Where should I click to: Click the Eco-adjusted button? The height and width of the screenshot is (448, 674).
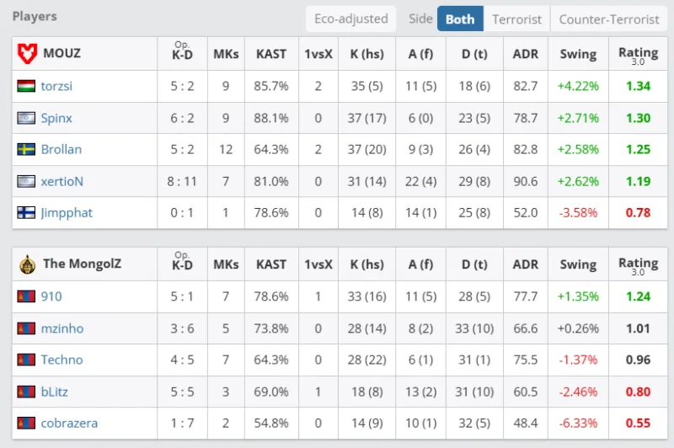click(x=350, y=19)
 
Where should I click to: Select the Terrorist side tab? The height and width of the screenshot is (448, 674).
click(x=517, y=19)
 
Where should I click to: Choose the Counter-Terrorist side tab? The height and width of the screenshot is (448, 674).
click(x=609, y=19)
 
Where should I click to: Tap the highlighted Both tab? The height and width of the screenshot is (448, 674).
click(x=460, y=19)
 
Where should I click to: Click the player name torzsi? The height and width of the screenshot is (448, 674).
click(x=57, y=86)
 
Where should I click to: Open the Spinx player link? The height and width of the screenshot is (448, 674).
click(x=56, y=118)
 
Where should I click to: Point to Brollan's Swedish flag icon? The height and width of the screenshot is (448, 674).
click(x=26, y=149)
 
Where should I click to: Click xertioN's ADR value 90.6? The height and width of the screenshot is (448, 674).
click(x=525, y=181)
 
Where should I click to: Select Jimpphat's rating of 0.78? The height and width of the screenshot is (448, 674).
click(x=638, y=213)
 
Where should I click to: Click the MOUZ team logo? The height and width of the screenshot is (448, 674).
click(x=26, y=54)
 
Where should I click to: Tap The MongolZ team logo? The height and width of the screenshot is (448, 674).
click(x=26, y=264)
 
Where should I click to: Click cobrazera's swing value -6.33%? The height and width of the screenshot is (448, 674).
click(x=578, y=423)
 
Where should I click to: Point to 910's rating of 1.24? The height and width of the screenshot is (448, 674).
click(x=638, y=296)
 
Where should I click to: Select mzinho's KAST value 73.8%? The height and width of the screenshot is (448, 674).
click(x=271, y=328)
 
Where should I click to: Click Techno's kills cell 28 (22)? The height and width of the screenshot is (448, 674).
click(x=366, y=360)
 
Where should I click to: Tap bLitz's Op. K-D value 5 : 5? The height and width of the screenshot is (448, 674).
click(x=182, y=392)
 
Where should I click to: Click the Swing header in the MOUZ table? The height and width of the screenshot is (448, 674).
click(x=578, y=54)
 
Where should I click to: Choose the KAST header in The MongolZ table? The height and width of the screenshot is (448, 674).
click(x=271, y=264)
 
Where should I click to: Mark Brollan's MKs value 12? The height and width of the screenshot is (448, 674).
click(x=226, y=149)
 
